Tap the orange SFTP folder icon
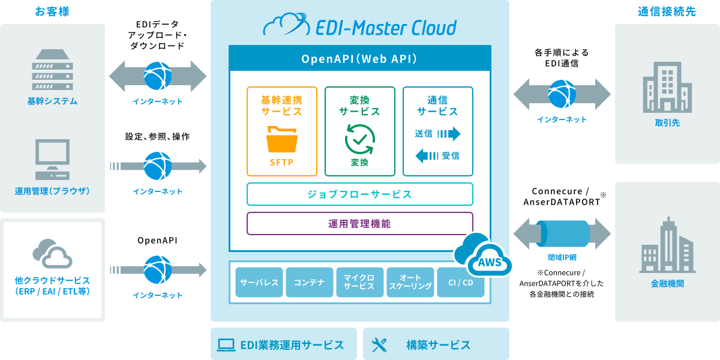(x=281, y=139)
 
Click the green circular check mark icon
(x=359, y=139)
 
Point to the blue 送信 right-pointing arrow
(x=449, y=133)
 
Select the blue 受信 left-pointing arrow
(x=427, y=156)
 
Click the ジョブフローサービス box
(x=359, y=194)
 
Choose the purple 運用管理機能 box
(x=359, y=223)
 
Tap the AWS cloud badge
(x=485, y=257)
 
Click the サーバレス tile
(x=259, y=282)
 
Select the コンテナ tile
(x=310, y=282)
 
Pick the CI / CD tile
(x=460, y=282)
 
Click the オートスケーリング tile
(x=410, y=282)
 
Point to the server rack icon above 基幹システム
(x=52, y=68)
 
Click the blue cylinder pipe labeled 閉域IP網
(x=562, y=234)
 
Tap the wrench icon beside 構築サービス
(x=379, y=344)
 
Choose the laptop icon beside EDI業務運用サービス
(x=226, y=344)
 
